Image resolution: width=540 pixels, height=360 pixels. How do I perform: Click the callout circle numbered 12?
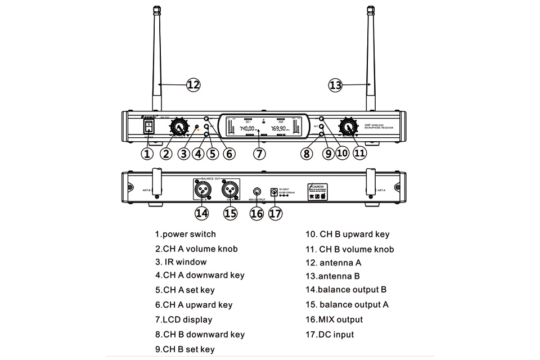(193, 85)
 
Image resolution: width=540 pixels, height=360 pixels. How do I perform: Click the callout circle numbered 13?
(335, 85)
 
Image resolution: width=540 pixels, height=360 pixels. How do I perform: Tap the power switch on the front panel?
(148, 127)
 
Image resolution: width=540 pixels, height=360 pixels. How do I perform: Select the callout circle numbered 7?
(258, 153)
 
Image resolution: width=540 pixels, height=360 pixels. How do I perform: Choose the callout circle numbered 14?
(201, 213)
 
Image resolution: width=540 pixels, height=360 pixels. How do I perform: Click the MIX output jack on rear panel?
(257, 192)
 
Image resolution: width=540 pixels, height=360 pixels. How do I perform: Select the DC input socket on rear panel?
(274, 192)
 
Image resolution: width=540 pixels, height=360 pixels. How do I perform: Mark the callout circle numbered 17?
(276, 213)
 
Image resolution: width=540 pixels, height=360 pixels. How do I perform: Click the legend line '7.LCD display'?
(184, 319)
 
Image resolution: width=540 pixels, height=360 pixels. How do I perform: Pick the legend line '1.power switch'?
(186, 234)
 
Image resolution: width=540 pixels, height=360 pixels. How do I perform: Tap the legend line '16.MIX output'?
(334, 319)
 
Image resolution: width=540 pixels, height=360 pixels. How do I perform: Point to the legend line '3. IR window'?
(181, 262)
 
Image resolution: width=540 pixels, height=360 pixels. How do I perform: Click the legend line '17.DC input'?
(330, 335)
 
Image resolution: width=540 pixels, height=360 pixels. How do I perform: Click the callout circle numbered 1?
(147, 153)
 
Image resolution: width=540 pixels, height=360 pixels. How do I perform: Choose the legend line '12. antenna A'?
(333, 263)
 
